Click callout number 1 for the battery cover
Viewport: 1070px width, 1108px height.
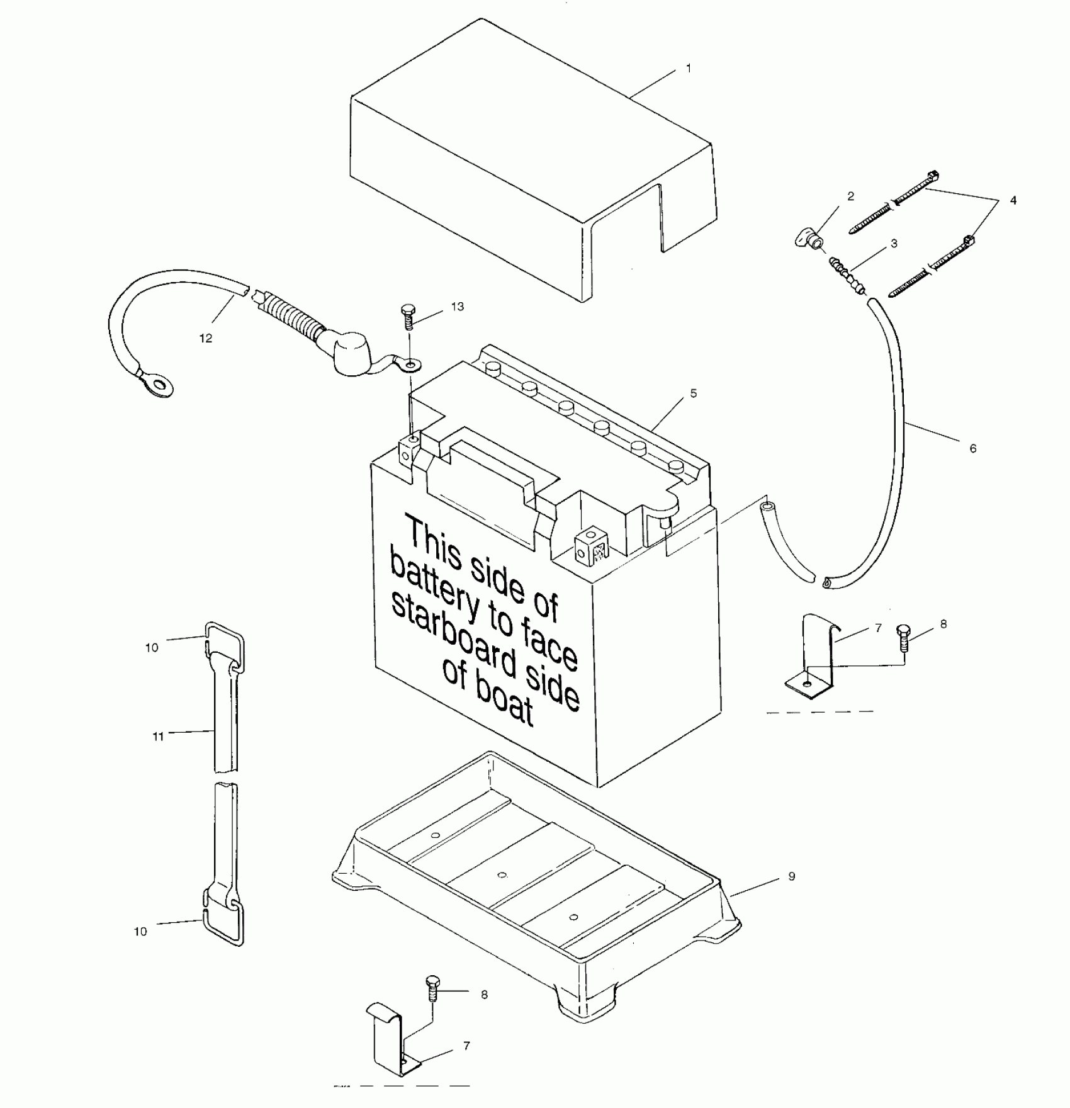[x=689, y=68]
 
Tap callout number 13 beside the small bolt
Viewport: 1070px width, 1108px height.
[x=457, y=307]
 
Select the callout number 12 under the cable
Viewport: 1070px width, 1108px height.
[x=206, y=338]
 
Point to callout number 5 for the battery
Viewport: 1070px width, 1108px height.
[x=693, y=393]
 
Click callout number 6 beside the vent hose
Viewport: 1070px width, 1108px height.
[x=972, y=448]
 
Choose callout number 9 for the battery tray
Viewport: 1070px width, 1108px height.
[x=791, y=876]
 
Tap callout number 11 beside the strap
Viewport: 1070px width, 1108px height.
[x=158, y=736]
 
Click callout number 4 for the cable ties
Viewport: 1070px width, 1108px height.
[x=1013, y=200]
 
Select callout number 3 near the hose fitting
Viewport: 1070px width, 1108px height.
[x=893, y=244]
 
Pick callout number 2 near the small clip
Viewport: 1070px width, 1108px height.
[x=850, y=196]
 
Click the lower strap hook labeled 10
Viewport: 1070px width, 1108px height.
[x=222, y=920]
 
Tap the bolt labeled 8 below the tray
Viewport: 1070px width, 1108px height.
[x=432, y=992]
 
